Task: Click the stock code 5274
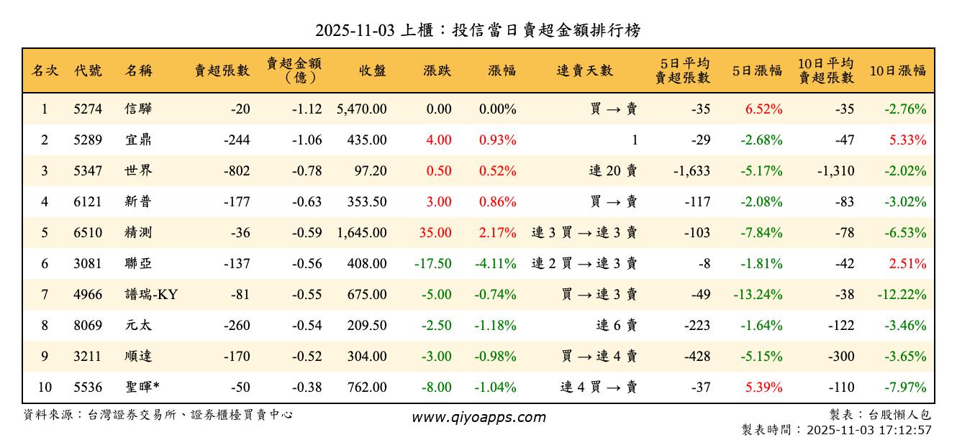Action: pyautogui.click(x=88, y=109)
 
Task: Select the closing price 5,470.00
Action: pyautogui.click(x=361, y=109)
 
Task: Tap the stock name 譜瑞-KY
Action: pyautogui.click(x=151, y=294)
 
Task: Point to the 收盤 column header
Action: pyautogui.click(x=372, y=70)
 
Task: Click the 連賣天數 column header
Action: pyautogui.click(x=584, y=70)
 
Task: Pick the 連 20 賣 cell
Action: pyautogui.click(x=613, y=171)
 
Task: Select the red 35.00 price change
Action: pyautogui.click(x=434, y=233)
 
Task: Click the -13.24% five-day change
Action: pyautogui.click(x=758, y=294)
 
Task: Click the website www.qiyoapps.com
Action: pyautogui.click(x=478, y=417)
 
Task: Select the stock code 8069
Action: pyautogui.click(x=88, y=325)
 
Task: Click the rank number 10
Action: pyautogui.click(x=45, y=387)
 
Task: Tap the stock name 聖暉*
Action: pyautogui.click(x=142, y=387)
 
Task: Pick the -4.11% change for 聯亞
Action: pyautogui.click(x=495, y=263)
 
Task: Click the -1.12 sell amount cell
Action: pyautogui.click(x=307, y=109)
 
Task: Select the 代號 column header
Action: pyautogui.click(x=88, y=70)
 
